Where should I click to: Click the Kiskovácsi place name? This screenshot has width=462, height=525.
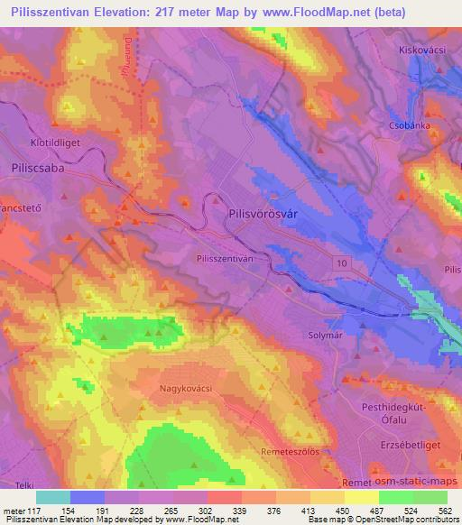[x=424, y=51]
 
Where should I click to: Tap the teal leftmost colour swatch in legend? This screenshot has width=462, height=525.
[x=53, y=497]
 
